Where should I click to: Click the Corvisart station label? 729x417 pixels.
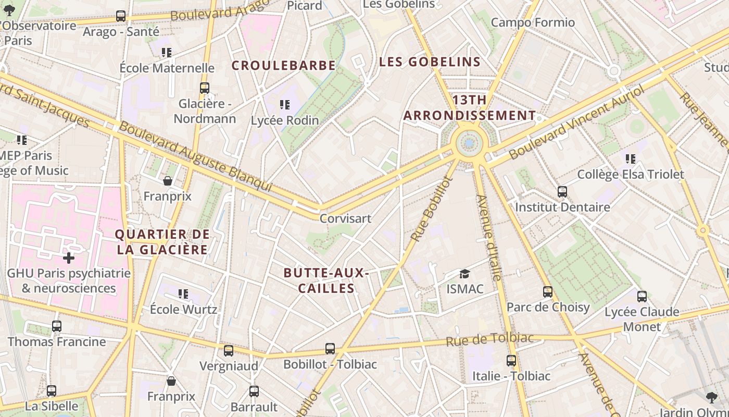(345, 218)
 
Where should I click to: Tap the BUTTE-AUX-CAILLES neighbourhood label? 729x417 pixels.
(326, 280)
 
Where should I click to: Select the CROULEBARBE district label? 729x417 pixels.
(283, 66)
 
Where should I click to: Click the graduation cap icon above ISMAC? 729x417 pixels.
(464, 274)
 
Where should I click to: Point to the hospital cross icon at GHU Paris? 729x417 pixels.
(69, 257)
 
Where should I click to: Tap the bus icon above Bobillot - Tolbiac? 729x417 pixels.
(330, 349)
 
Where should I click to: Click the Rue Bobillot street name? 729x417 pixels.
(432, 208)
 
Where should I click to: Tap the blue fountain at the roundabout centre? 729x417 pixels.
(470, 142)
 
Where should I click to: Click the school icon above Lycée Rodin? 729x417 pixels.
(284, 105)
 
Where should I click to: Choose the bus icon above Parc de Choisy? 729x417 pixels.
(548, 292)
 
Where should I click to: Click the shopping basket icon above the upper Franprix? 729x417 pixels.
(168, 181)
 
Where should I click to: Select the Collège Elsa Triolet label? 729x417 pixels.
(631, 174)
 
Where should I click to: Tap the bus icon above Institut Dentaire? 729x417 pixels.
(562, 192)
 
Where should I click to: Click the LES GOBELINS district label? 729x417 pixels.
(430, 62)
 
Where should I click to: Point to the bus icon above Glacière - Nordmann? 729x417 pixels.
(205, 88)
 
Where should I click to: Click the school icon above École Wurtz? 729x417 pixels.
(183, 294)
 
